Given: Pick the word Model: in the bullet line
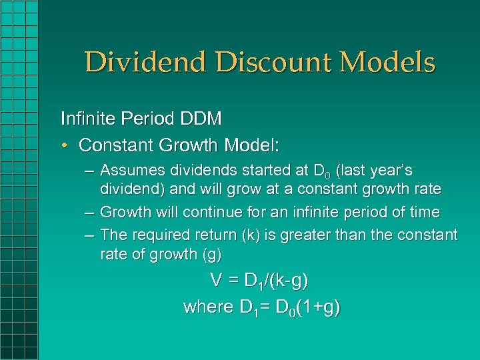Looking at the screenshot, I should (257, 145).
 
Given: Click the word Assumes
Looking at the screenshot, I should (130, 171).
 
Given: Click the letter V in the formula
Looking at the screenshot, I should (216, 281).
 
